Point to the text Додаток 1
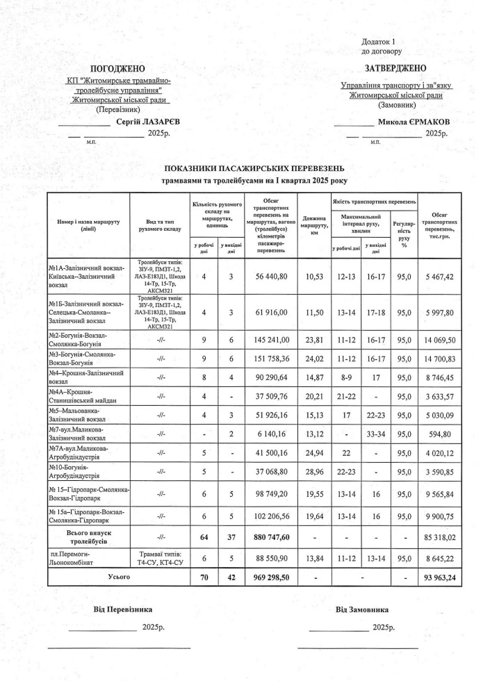pos(378,42)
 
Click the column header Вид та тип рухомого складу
pos(160,224)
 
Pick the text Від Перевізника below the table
pos(122,609)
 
